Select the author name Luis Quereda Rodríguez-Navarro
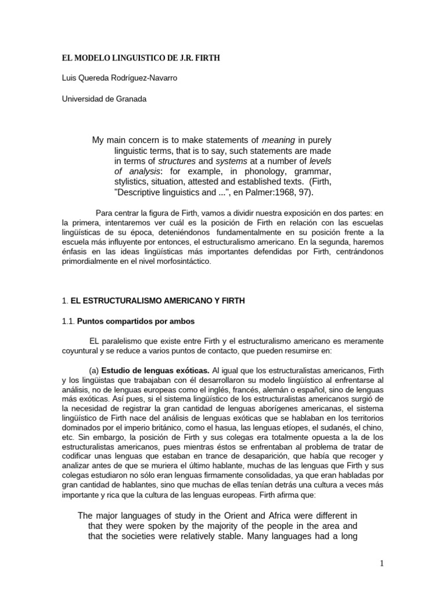coord(120,78)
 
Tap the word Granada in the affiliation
coord(133,99)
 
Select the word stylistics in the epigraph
coord(132,182)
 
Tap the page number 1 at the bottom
coord(382,563)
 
